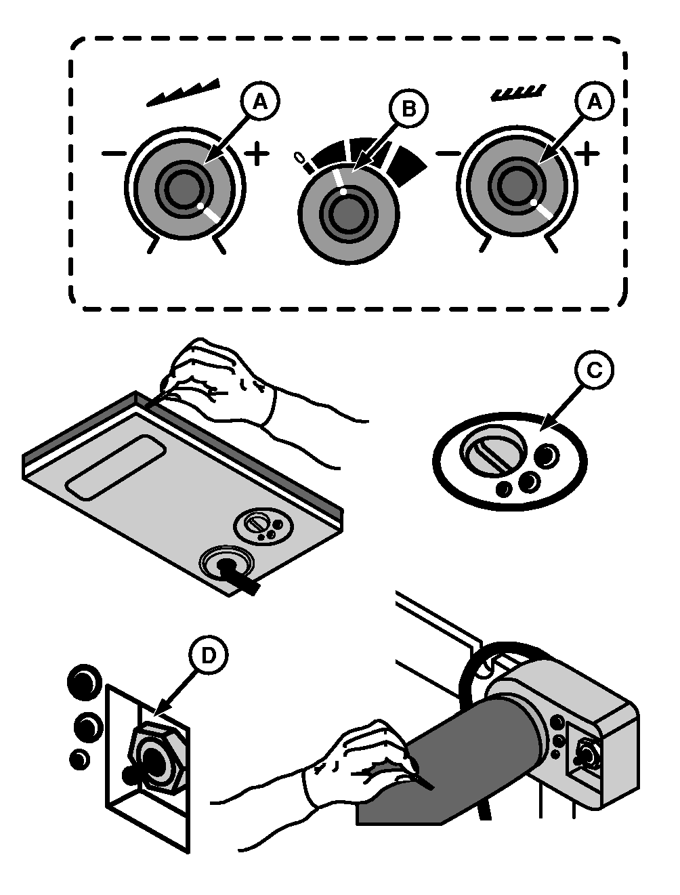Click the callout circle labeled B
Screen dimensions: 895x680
click(x=408, y=109)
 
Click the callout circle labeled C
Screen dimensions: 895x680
click(x=593, y=370)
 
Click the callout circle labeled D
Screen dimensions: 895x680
click(x=208, y=654)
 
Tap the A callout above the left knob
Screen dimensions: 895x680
click(x=259, y=102)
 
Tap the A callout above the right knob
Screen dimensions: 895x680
click(x=595, y=102)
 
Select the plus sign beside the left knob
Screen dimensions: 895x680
click(x=257, y=155)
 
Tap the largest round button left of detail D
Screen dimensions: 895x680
click(x=83, y=680)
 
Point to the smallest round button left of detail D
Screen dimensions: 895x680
click(x=79, y=759)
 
